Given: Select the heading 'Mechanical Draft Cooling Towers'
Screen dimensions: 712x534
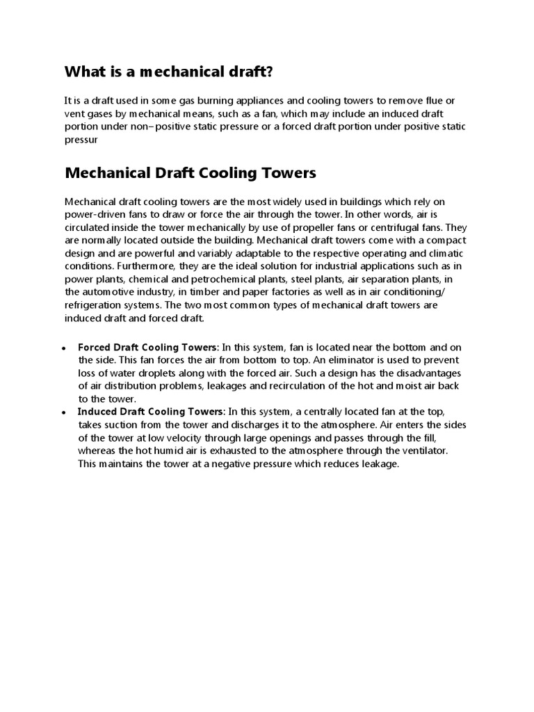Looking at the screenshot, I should pyautogui.click(x=190, y=172).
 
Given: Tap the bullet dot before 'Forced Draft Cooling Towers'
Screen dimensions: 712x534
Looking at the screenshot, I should pyautogui.click(x=64, y=348).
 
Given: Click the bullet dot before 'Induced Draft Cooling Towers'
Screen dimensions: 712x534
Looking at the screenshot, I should pyautogui.click(x=64, y=412).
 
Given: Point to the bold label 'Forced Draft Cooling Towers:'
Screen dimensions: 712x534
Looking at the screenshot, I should pyautogui.click(x=149, y=347).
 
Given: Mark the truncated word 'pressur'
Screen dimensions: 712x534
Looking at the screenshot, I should pyautogui.click(x=82, y=139).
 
